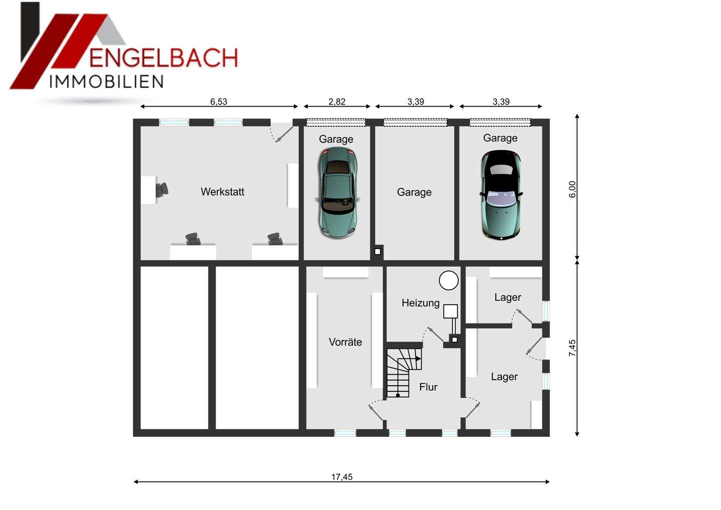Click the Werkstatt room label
click(x=222, y=192)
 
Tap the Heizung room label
click(x=421, y=303)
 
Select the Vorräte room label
click(x=345, y=342)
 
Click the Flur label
click(x=428, y=387)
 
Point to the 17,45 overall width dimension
click(x=341, y=477)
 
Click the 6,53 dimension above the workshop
click(x=218, y=102)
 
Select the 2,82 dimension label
click(x=337, y=102)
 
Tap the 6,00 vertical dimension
click(x=573, y=189)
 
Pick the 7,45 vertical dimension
click(x=573, y=348)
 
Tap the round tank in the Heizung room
click(x=449, y=281)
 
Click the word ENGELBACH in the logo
click(x=163, y=58)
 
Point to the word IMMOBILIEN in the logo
click(x=106, y=82)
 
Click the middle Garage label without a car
click(x=414, y=192)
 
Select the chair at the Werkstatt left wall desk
click(x=161, y=190)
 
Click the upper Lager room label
click(x=508, y=298)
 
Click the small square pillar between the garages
click(x=378, y=251)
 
